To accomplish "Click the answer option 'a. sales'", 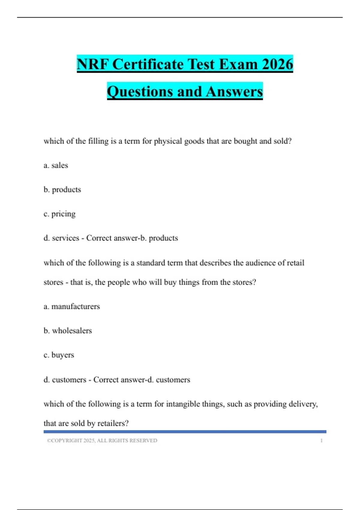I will click(x=56, y=165).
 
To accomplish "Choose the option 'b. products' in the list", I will click(x=62, y=190).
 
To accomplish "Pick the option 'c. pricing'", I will click(x=59, y=214).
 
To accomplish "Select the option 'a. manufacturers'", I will click(x=72, y=306).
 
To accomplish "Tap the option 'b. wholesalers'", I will click(x=67, y=331).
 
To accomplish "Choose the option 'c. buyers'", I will click(x=59, y=355).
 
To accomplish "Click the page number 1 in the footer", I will click(x=321, y=440).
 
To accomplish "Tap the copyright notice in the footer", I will click(x=102, y=440).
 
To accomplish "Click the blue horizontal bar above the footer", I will click(x=185, y=432).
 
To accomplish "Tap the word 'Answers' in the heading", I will click(x=234, y=91).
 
